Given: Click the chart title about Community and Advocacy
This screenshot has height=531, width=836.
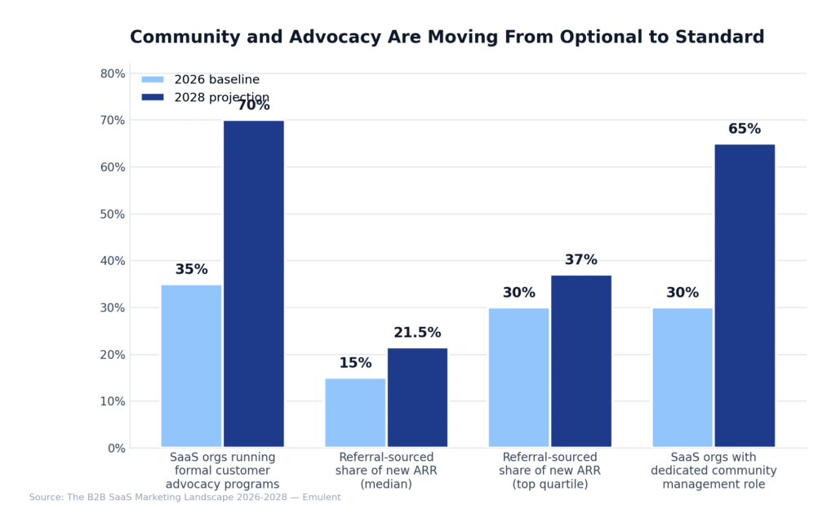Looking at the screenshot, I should [447, 38].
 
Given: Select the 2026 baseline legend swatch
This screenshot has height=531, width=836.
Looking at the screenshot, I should [153, 80].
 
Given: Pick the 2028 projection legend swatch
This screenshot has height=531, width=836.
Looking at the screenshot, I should [153, 98].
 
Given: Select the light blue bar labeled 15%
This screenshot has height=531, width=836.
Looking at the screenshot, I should [355, 413].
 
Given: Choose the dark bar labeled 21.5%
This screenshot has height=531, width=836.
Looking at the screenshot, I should [417, 397].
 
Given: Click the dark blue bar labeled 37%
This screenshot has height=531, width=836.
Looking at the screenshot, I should [581, 361].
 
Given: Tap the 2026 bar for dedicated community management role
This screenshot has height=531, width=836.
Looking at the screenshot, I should [683, 378].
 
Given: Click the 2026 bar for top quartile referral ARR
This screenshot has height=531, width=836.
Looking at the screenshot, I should [518, 378].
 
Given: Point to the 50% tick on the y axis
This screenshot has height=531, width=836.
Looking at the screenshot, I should [113, 215].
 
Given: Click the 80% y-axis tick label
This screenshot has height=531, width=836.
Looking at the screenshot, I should [113, 73].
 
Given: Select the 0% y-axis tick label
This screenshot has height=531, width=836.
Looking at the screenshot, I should [117, 448].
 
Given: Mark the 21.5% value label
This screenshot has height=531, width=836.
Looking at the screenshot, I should [417, 333].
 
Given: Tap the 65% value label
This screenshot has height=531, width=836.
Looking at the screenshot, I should [745, 129].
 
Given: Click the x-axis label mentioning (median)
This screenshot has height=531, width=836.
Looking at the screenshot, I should [386, 471].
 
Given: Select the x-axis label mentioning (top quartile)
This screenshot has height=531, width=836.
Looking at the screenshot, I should [549, 471].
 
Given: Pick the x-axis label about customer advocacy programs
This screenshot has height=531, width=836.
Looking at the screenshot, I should [222, 471].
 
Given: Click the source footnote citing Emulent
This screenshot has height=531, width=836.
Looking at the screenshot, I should [185, 498].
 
